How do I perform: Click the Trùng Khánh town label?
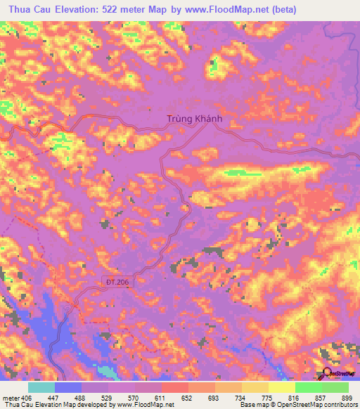195,119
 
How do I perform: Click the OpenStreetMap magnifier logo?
327,373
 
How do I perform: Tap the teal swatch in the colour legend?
41,388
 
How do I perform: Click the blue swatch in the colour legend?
68,388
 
